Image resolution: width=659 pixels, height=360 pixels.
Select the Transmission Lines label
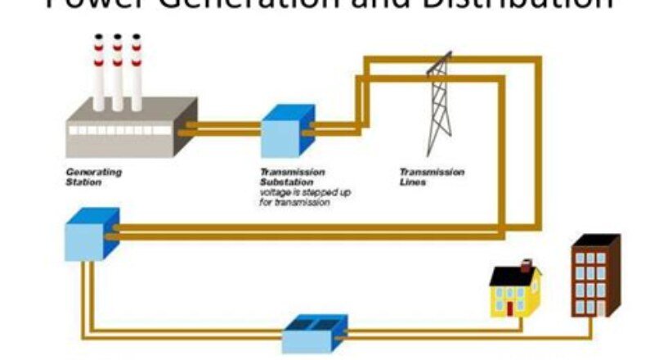(431, 177)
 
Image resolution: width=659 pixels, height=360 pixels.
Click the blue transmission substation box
(285, 133)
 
